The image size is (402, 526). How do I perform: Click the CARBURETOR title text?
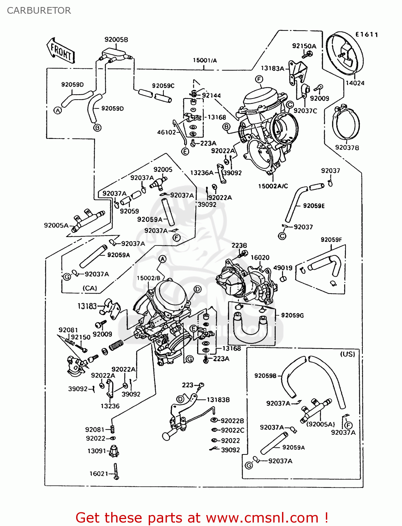point(39,11)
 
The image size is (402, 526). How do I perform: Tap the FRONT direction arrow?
point(61,51)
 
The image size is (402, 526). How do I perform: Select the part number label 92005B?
point(116,40)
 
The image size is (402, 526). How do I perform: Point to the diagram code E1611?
point(367,34)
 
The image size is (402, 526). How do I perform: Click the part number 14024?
point(355,83)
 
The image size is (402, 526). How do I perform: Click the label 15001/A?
point(205,60)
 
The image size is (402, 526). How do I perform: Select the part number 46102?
point(166,132)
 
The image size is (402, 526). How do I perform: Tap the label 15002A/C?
point(273,186)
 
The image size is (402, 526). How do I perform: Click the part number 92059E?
point(314,206)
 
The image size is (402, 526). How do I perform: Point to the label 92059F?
point(331,240)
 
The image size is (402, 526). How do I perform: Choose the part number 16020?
point(260,257)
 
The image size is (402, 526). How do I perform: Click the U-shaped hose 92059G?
point(250,328)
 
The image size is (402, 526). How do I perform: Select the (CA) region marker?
point(90,288)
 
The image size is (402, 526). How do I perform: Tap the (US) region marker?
point(347,354)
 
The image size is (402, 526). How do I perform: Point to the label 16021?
point(99,474)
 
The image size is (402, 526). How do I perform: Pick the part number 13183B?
point(218,400)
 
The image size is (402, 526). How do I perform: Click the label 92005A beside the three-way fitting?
point(56,225)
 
